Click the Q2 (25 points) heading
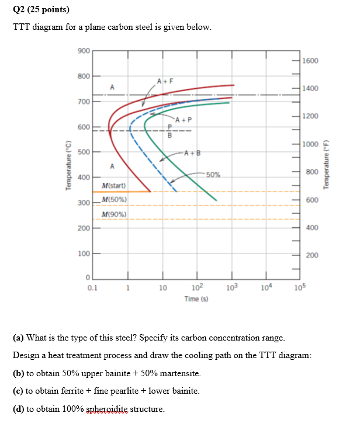36,9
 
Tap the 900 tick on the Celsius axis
82,51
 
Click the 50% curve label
213,174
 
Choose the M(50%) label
114,200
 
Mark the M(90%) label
114,214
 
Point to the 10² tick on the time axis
198,287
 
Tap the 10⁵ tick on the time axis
301,287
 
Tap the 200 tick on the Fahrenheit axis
312,255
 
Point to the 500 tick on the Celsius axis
82,152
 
